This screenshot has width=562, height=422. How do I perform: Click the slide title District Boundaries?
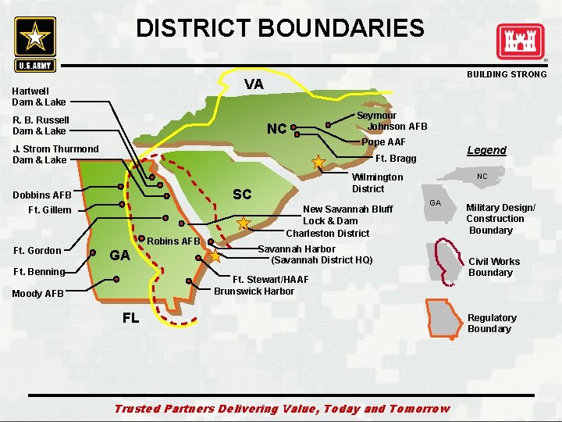280,29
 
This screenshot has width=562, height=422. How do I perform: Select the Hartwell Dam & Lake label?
39,97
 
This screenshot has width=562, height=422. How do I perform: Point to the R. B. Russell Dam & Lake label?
41,126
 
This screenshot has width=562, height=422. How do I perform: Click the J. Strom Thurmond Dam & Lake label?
55,154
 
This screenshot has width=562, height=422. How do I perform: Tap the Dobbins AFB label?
42,195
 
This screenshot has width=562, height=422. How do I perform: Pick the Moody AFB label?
37,294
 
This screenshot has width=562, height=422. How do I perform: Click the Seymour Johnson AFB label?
392,120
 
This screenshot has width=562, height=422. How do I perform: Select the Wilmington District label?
377,183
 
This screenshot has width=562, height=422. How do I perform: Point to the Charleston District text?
327,233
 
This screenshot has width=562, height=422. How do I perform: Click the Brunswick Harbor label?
254,291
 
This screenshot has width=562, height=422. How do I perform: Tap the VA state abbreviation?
254,84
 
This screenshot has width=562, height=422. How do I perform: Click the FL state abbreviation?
130,318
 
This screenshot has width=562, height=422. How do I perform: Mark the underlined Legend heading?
486,150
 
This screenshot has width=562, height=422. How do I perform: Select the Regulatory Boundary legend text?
492,323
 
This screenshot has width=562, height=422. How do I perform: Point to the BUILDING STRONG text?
507,74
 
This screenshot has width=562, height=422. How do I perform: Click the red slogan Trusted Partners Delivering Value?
282,409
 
